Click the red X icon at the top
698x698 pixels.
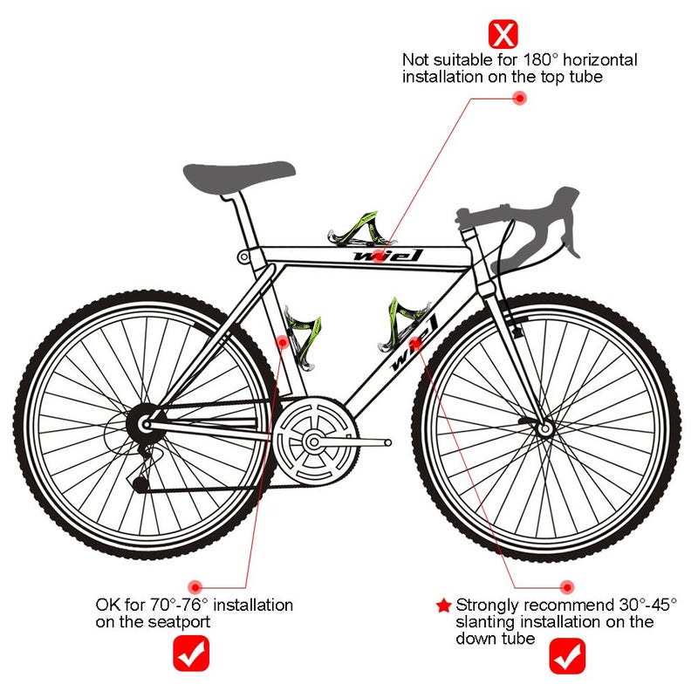(x=503, y=34)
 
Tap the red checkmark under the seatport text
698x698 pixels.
(x=191, y=653)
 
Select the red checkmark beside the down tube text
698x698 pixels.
(x=567, y=656)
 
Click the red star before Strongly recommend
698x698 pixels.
(x=443, y=606)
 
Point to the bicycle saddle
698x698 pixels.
(x=238, y=177)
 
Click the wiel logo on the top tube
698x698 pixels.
(x=387, y=256)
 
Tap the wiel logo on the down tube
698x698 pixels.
(x=413, y=344)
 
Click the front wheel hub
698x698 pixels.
(x=544, y=428)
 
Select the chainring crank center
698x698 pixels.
(x=313, y=442)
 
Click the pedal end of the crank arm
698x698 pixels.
(x=388, y=442)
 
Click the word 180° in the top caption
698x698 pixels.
(x=540, y=59)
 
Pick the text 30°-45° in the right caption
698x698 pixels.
(x=647, y=605)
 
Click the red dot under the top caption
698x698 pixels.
(x=519, y=98)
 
